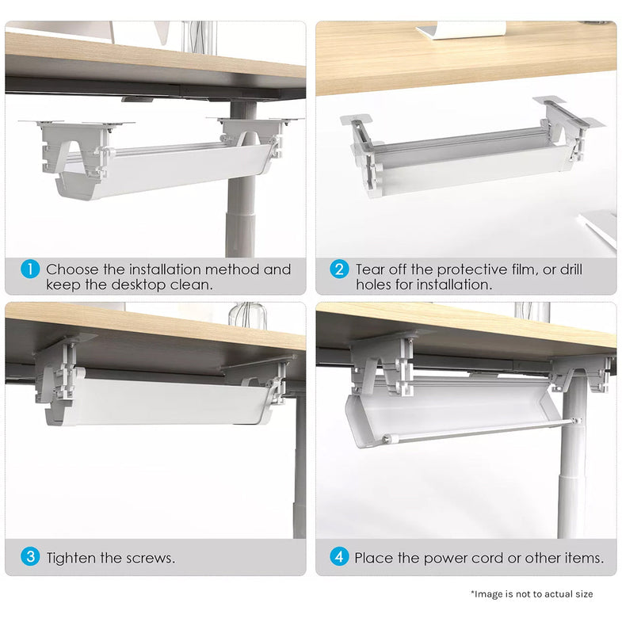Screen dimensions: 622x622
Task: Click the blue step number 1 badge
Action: [x=29, y=269]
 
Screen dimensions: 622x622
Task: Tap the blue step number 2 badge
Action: [x=339, y=269]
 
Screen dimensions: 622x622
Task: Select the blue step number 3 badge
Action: [x=29, y=557]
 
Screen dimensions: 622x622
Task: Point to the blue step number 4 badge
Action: [x=339, y=557]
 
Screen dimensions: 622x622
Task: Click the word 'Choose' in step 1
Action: [x=72, y=269]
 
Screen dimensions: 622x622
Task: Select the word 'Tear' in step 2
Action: [x=371, y=269]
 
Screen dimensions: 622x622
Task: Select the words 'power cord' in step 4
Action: [x=453, y=558]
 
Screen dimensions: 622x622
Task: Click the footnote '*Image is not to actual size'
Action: [x=531, y=593]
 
